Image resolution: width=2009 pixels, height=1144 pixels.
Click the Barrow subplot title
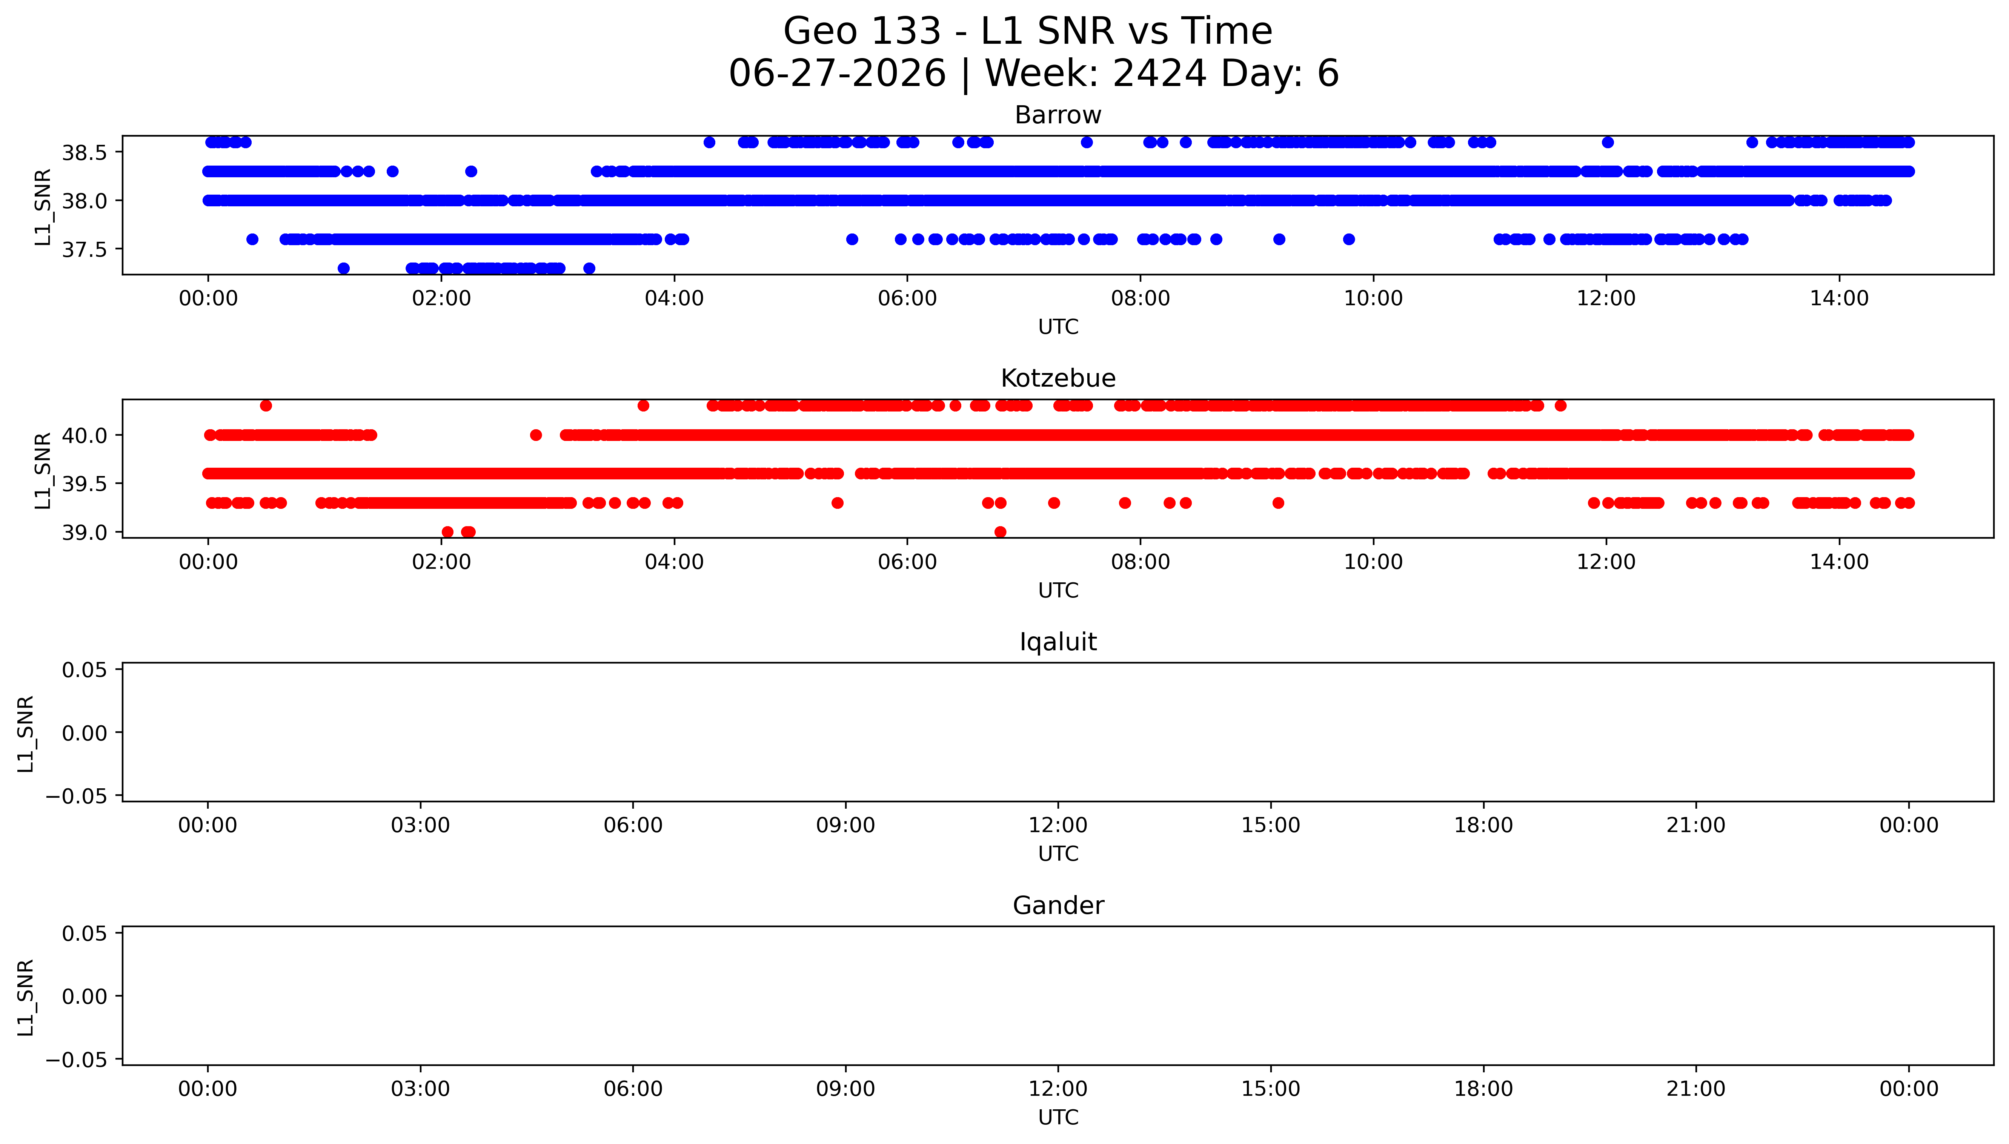1058,115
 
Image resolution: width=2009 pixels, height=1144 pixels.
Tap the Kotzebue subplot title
1058,379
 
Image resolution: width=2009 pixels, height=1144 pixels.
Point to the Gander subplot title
1058,906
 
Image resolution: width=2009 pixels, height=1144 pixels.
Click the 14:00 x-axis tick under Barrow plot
1838,299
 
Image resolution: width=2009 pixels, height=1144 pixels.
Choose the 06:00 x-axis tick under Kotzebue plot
907,562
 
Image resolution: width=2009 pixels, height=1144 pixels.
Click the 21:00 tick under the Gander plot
1695,1089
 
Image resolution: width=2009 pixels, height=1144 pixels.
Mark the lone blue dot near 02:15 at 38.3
470,171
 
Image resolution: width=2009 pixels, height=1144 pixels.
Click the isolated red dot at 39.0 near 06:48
1000,532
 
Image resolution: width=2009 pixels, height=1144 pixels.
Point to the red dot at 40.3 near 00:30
266,405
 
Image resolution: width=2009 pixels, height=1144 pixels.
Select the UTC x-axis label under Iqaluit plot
1058,854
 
